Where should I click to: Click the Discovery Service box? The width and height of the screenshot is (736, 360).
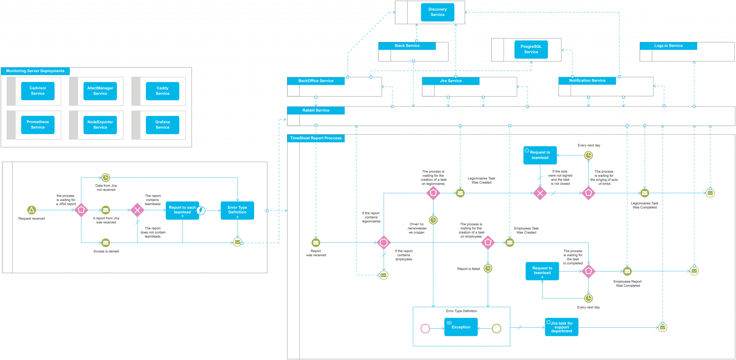point(437,12)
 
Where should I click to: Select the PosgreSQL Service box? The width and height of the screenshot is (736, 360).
point(531,49)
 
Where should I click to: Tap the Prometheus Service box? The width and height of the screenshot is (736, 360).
point(38,125)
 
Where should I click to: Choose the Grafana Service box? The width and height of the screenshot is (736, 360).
point(162,125)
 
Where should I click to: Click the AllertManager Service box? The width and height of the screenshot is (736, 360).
point(100,91)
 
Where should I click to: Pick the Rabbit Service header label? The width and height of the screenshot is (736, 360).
point(316,110)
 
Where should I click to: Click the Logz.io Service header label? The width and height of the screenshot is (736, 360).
point(668,46)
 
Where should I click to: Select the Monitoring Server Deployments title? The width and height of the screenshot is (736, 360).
point(35,71)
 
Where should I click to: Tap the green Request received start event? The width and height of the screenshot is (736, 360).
point(32,210)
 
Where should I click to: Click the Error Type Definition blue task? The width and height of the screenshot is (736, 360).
point(237,210)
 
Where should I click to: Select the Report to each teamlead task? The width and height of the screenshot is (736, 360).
point(182,210)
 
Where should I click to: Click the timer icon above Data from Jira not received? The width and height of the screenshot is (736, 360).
point(105,177)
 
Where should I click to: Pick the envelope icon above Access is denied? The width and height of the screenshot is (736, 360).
point(105,243)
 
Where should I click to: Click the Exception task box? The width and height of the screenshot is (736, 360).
point(461,327)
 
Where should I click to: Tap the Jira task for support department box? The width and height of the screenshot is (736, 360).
point(561,327)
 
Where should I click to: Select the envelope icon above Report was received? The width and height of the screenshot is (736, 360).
point(316,243)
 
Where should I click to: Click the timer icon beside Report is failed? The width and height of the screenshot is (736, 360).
point(488,268)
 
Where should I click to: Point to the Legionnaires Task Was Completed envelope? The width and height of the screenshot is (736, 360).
point(645,193)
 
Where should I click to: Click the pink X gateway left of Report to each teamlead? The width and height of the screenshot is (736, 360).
point(137,210)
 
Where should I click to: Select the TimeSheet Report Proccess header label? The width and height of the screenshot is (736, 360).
point(316,138)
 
